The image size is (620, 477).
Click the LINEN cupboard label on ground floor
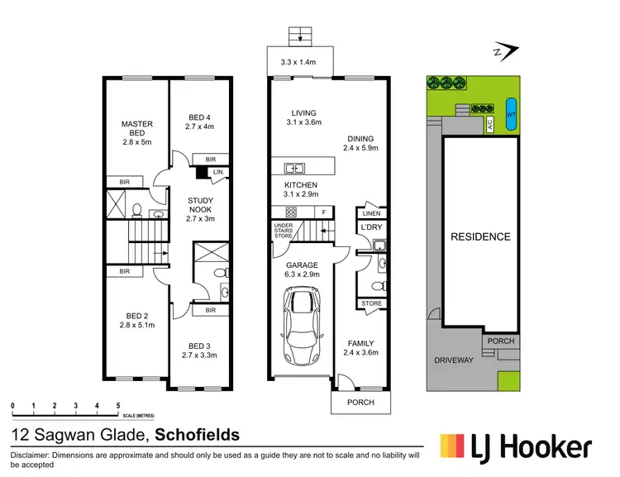coord(371,212)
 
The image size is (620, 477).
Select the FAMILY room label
coord(360,343)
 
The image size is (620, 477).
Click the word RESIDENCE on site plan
coord(480,236)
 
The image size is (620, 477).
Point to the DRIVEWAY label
coord(455,360)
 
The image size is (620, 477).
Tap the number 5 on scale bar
coord(119,405)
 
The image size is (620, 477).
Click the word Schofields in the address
coord(198,434)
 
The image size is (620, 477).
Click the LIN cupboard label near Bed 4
coord(217,172)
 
